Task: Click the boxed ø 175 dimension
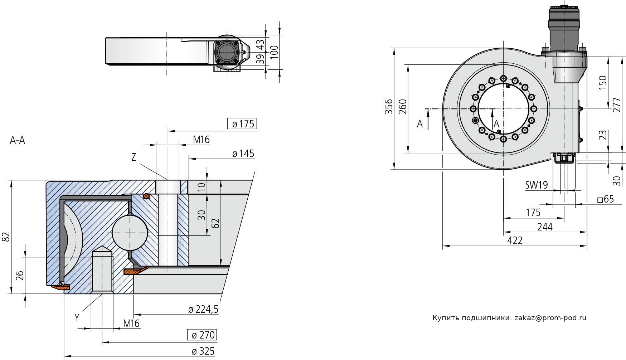(x=242, y=124)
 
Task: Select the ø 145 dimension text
(x=243, y=154)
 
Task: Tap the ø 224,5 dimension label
(x=203, y=309)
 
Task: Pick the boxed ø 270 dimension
(x=202, y=335)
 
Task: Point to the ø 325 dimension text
(x=203, y=351)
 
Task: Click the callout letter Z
(x=134, y=157)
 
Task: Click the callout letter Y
(x=77, y=317)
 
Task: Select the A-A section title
(x=17, y=140)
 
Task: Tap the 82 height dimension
(x=6, y=237)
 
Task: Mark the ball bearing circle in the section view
(x=130, y=233)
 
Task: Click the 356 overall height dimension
(x=389, y=107)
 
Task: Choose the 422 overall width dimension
(x=515, y=240)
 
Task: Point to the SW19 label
(x=537, y=185)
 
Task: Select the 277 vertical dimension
(x=616, y=104)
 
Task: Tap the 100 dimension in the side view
(x=274, y=53)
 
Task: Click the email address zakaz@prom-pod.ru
(x=550, y=318)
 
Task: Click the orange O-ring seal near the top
(x=146, y=196)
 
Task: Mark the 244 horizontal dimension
(x=545, y=227)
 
